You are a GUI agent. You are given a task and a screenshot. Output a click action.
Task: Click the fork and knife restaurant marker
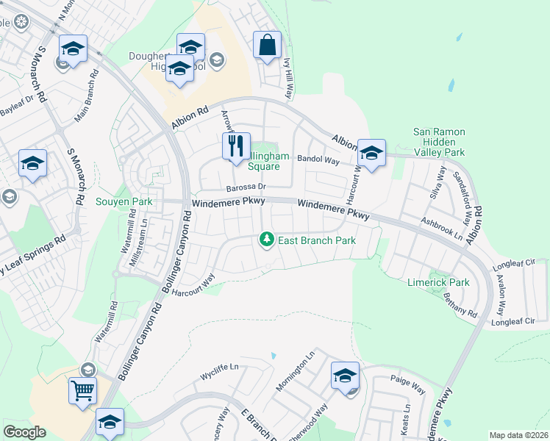pyautogui.click(x=236, y=147)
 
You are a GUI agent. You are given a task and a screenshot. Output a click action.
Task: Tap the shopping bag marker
pyautogui.click(x=266, y=46)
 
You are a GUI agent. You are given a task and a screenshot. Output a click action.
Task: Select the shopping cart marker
pyautogui.click(x=82, y=390)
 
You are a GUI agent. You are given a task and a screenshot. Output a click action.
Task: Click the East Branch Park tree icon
pyautogui.click(x=266, y=240)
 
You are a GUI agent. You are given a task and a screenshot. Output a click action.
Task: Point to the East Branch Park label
pyautogui.click(x=316, y=240)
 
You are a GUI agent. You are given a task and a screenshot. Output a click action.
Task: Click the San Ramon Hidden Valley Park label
pyautogui.click(x=439, y=142)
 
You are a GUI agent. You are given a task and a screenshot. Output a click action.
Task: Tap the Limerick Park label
pyautogui.click(x=438, y=282)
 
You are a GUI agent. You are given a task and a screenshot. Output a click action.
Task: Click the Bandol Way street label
pyautogui.click(x=318, y=159)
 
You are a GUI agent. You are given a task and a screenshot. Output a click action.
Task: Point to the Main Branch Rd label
pyautogui.click(x=86, y=96)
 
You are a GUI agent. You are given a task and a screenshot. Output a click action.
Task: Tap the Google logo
pyautogui.click(x=24, y=432)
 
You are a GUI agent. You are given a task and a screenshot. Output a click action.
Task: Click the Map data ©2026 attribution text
pyautogui.click(x=518, y=435)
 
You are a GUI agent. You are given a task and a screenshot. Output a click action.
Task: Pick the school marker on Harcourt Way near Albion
pyautogui.click(x=371, y=154)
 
